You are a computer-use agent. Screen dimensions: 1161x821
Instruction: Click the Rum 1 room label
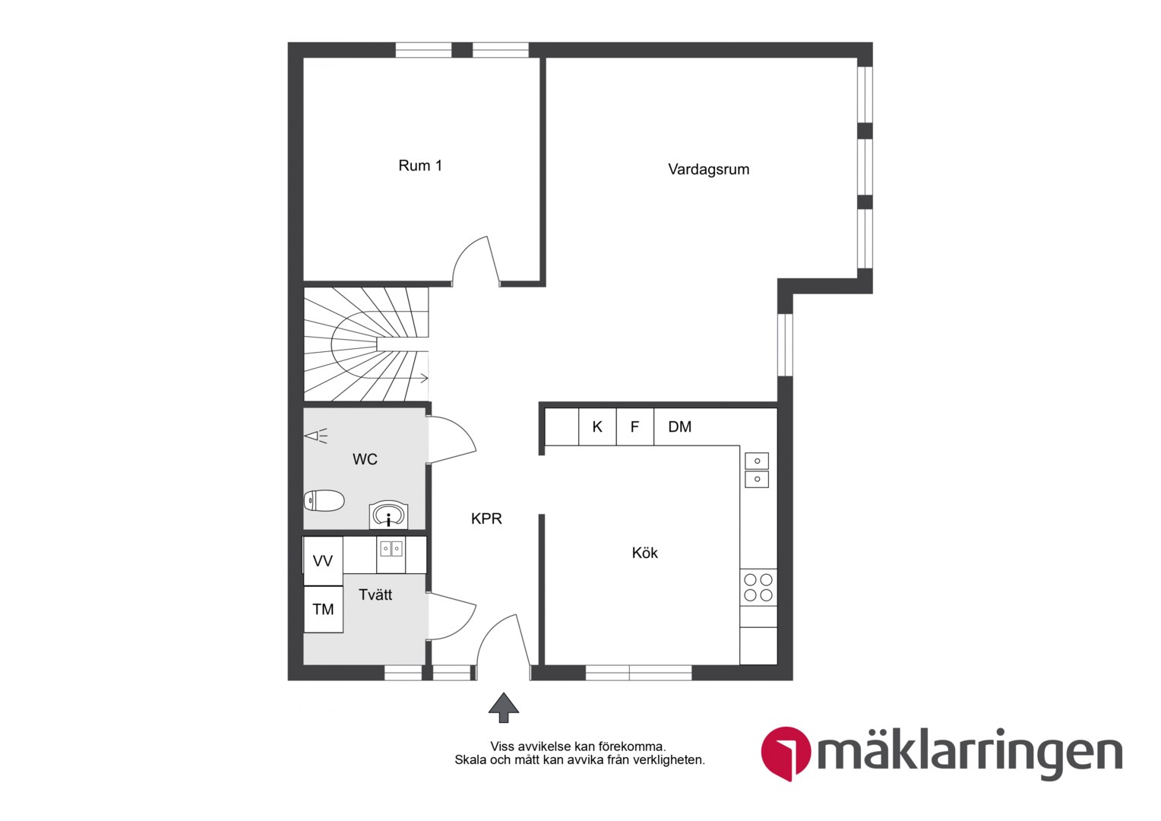point(420,166)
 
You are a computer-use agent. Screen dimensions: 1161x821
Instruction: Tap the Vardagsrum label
point(708,170)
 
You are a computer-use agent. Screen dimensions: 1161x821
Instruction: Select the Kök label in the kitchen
point(645,553)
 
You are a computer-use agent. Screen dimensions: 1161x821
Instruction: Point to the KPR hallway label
point(486,518)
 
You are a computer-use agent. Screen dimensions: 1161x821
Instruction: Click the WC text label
point(365,459)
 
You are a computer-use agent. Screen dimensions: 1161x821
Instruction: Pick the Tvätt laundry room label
point(375,594)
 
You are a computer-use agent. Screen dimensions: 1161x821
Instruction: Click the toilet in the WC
point(324,500)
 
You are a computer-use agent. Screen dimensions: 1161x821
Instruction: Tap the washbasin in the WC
point(388,515)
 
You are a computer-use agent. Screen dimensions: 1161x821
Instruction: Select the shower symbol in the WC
point(315,436)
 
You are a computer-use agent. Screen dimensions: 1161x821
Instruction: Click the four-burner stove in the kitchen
point(758,587)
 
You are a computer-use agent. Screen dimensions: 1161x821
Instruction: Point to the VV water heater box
point(323,561)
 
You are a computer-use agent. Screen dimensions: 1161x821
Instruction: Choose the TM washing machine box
point(323,610)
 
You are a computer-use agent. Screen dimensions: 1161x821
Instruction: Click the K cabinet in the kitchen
point(597,426)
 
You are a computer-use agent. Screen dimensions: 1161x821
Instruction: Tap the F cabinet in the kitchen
point(635,426)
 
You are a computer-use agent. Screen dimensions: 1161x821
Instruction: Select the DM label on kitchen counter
point(679,426)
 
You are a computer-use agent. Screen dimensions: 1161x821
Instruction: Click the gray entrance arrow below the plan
point(503,708)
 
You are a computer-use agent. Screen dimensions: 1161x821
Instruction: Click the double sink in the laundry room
point(391,549)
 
